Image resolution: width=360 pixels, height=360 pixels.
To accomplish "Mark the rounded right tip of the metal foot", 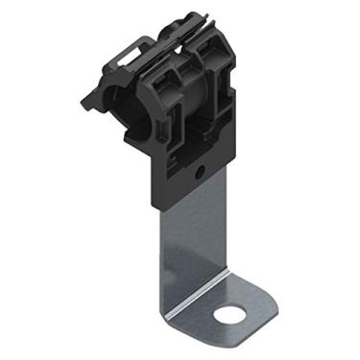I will (x=251, y=309).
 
